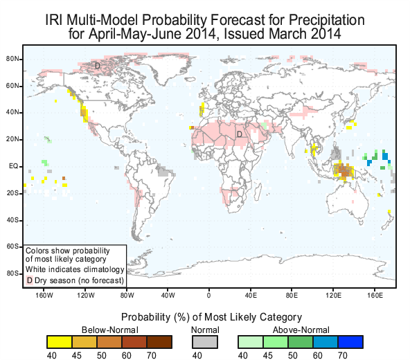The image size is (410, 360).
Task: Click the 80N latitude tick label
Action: (12, 59)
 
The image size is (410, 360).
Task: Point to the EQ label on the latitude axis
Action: (14, 166)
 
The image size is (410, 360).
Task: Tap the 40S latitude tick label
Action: (12, 220)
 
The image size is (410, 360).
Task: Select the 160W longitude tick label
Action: (44, 296)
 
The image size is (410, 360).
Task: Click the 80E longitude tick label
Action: (292, 296)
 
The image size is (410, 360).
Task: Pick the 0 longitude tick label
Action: (208, 296)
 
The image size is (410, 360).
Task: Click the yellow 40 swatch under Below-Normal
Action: (60, 342)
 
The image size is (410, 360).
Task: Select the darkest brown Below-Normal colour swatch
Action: (159, 342)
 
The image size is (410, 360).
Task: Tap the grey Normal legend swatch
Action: (205, 342)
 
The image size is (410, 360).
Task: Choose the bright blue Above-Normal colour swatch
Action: (350, 342)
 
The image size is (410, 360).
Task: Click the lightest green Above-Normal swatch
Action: (251, 342)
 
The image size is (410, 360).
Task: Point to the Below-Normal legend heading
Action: (110, 330)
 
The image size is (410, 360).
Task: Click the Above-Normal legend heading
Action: (301, 330)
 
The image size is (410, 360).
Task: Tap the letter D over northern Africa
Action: (239, 134)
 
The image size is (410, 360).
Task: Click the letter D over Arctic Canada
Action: (98, 66)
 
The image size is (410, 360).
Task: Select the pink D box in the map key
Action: (30, 280)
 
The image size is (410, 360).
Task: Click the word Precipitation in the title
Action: (327, 20)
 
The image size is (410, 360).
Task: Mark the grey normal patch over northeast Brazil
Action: (165, 171)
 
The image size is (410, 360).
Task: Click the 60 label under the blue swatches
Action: (318, 356)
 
